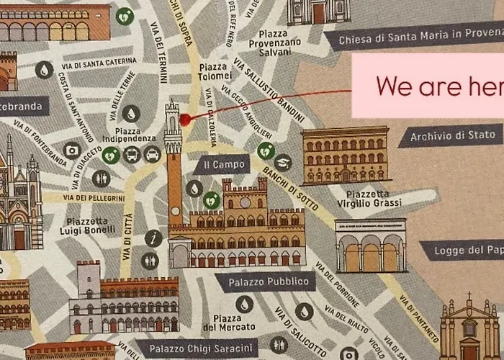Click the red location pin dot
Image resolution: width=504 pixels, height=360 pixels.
(x=185, y=120)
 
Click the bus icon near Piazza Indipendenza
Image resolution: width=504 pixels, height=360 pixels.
(x=132, y=154)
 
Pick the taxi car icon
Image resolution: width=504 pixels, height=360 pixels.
(x=152, y=154)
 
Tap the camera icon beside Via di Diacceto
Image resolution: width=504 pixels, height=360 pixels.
(x=71, y=150)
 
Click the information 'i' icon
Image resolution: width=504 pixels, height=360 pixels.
(x=153, y=238)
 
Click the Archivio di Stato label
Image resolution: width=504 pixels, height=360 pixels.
(x=452, y=135)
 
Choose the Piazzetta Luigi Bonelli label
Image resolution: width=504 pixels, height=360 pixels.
(x=91, y=225)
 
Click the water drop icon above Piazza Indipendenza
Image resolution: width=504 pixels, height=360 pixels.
(x=131, y=113)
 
